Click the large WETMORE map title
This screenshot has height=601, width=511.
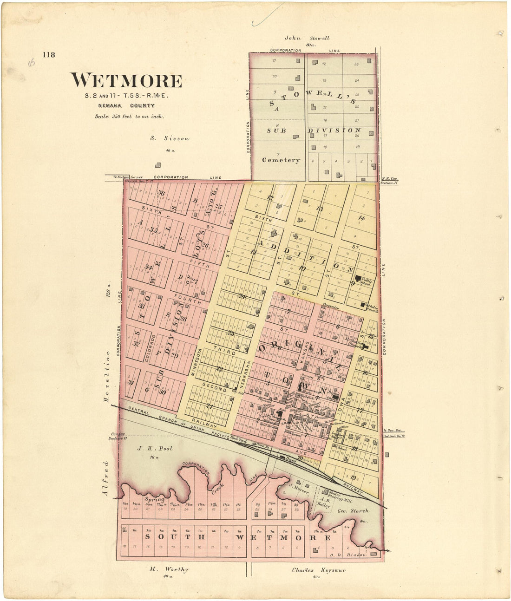126,80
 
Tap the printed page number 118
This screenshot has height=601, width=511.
49,55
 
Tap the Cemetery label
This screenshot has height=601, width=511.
281,160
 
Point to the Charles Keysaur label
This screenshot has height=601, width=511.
319,570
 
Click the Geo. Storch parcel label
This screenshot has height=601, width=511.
353,510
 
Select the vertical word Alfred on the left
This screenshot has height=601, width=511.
105,478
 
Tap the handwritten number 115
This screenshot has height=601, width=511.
32,62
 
